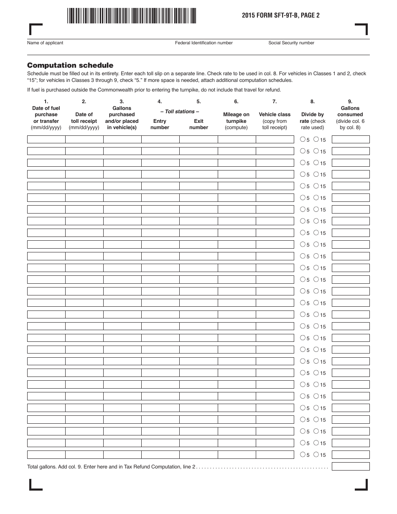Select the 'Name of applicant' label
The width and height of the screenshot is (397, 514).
[45, 43]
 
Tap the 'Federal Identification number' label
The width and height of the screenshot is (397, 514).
[204, 43]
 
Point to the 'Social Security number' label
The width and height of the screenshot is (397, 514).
[291, 43]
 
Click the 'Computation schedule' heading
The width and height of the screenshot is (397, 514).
[70, 65]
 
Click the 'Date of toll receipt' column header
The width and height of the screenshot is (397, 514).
[84, 118]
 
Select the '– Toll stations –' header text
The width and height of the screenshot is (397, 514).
[180, 112]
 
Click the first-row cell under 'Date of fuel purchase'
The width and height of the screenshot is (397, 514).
[46, 140]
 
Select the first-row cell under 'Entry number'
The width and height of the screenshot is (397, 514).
[160, 140]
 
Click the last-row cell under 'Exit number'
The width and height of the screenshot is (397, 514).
[198, 455]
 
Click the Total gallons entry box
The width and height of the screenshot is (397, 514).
[350, 466]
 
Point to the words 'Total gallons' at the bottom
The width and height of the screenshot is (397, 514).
[41, 467]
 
